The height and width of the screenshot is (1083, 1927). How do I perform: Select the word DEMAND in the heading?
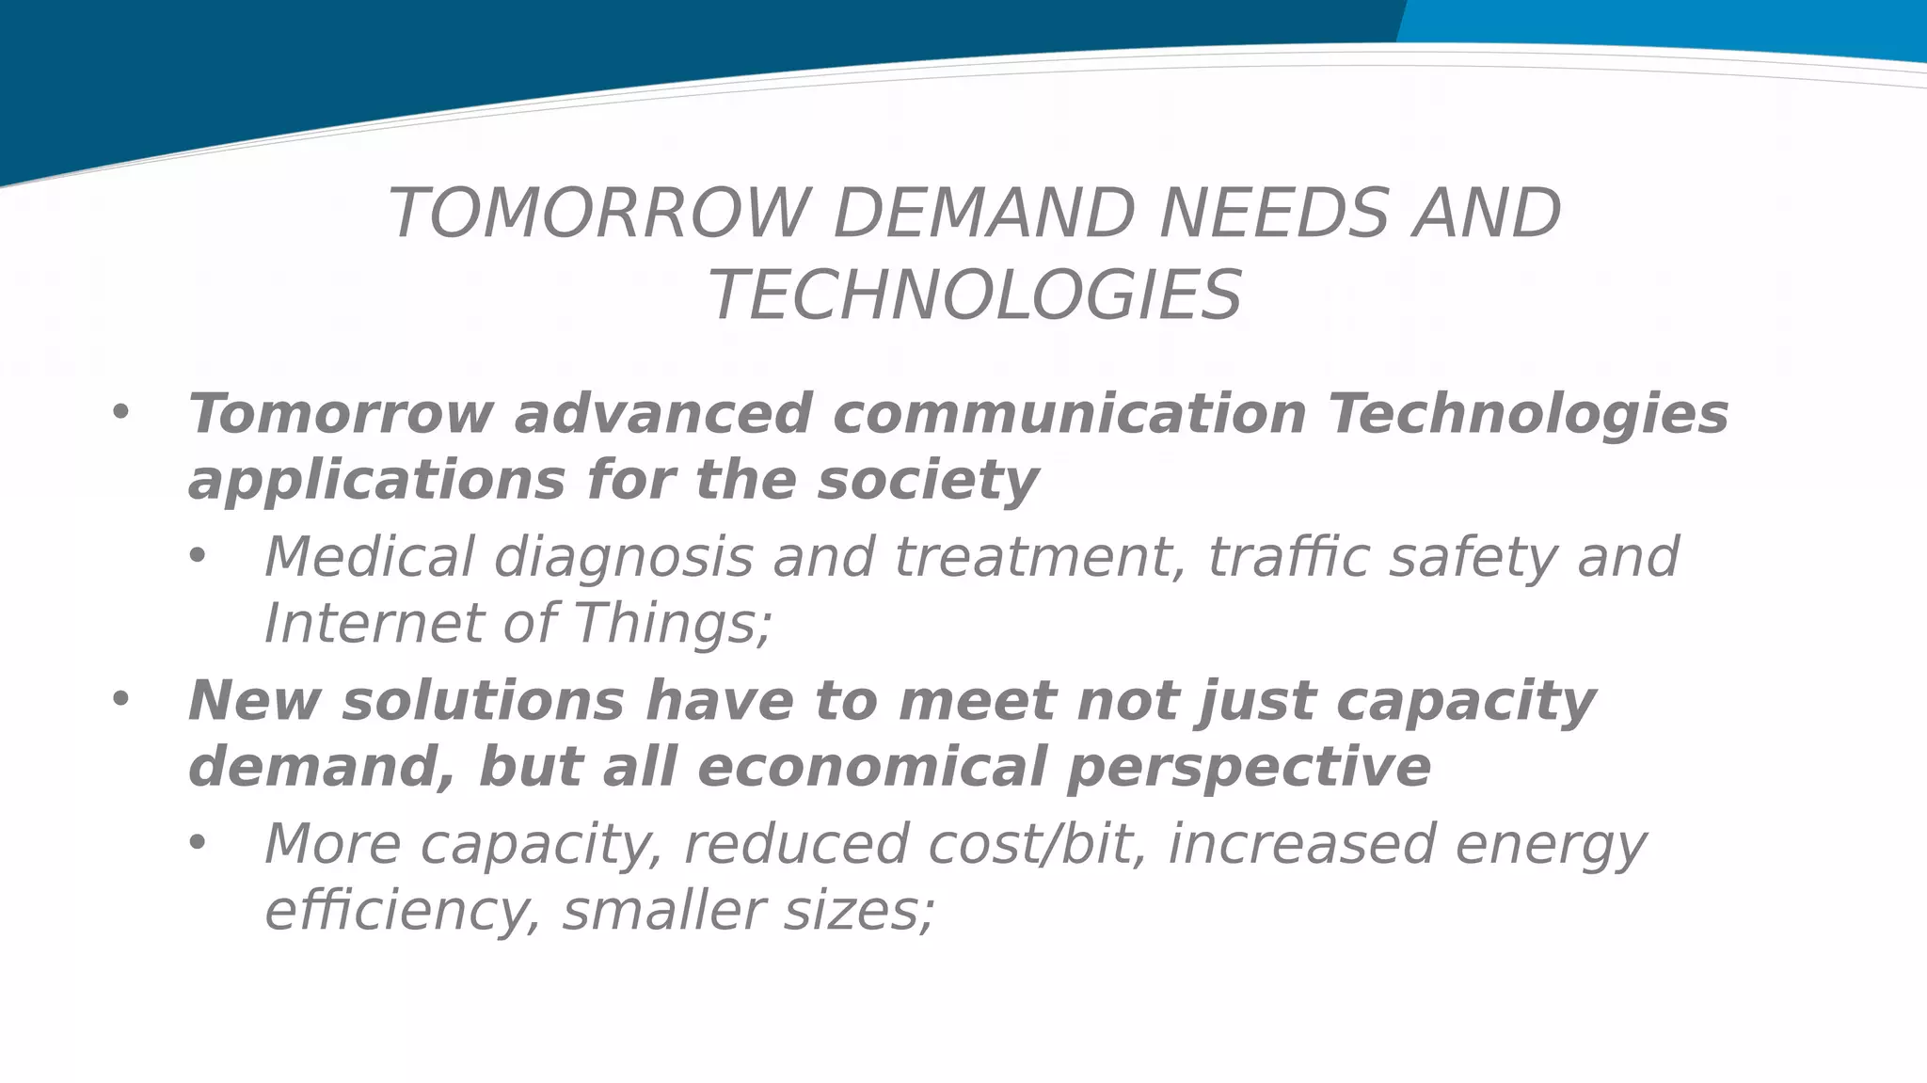(x=983, y=215)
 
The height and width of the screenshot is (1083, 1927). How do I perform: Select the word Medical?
(x=369, y=556)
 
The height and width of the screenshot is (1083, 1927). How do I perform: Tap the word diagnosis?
(x=623, y=558)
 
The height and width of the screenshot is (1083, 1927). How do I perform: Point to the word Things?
(x=672, y=625)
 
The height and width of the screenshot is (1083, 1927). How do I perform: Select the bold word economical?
(x=871, y=767)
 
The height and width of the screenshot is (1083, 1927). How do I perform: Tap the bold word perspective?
(x=1249, y=769)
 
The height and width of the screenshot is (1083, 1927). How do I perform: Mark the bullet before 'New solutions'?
(x=119, y=699)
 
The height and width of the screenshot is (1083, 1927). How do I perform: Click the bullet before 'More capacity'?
(x=196, y=843)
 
